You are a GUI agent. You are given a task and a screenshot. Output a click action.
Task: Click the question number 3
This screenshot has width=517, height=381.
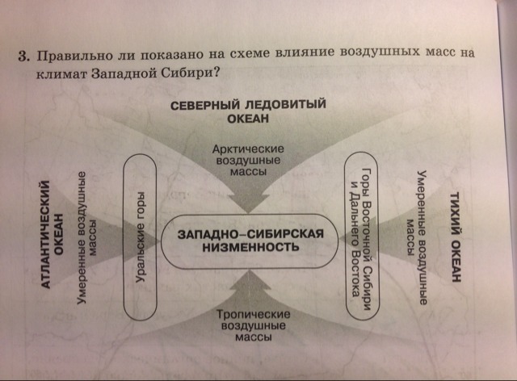click(x=25, y=57)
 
